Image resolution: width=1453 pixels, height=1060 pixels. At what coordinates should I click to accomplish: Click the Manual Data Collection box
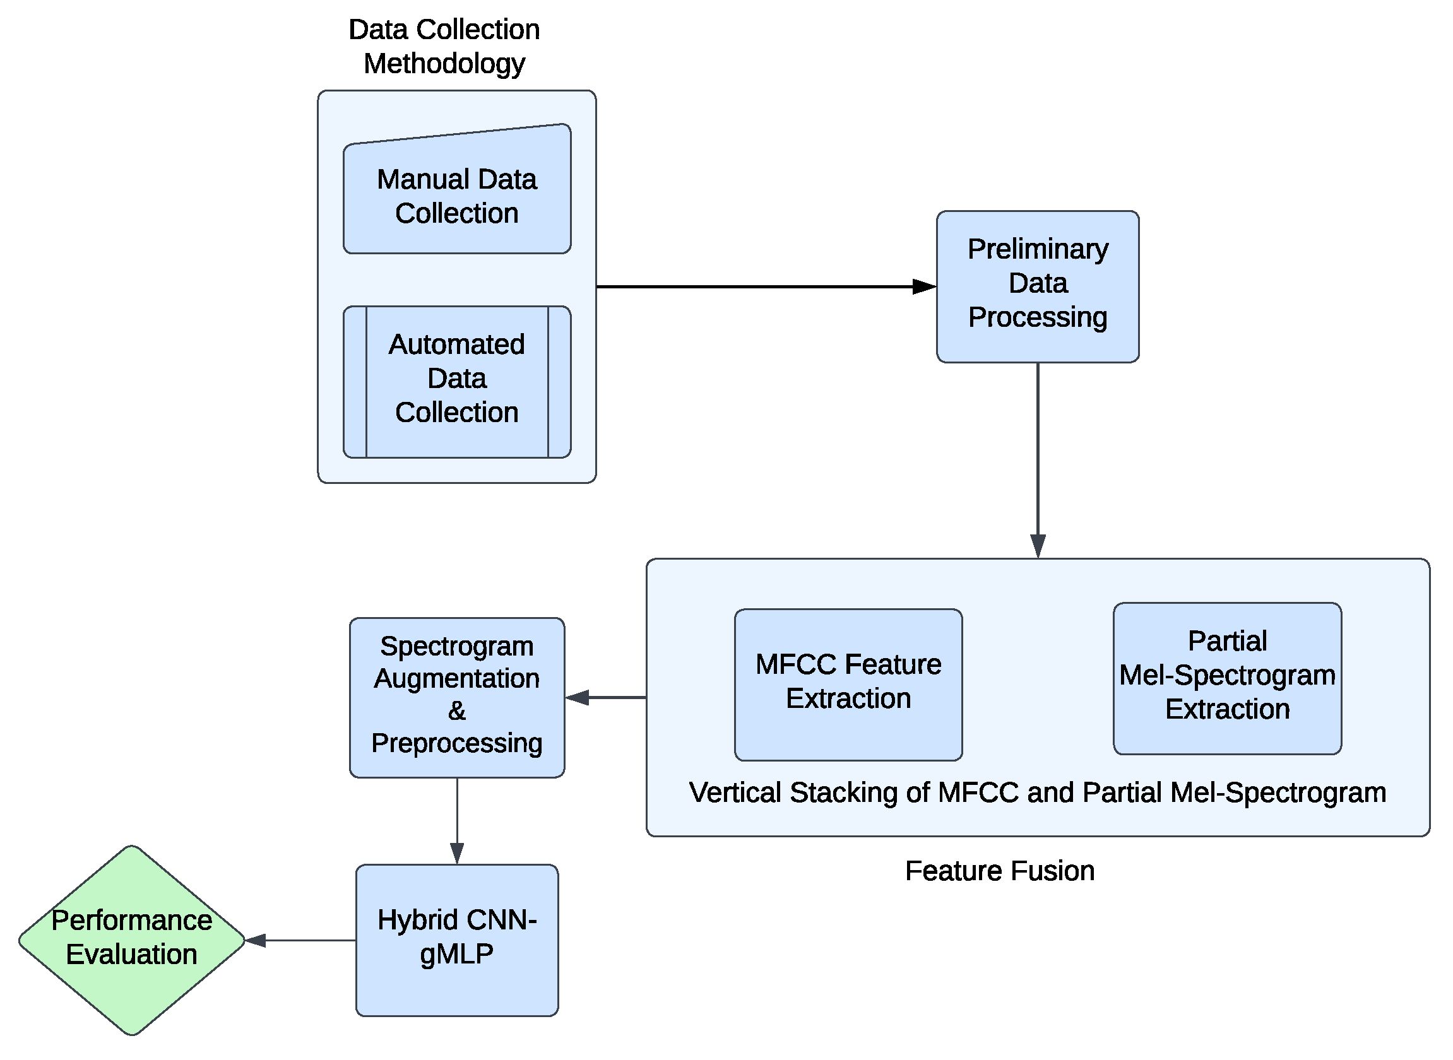tap(457, 196)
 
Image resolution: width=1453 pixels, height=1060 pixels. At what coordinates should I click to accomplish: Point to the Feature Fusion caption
tap(999, 871)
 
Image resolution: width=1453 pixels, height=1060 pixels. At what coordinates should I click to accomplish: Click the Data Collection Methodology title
tap(444, 46)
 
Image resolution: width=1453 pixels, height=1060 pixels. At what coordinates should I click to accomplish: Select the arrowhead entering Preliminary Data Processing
tap(924, 287)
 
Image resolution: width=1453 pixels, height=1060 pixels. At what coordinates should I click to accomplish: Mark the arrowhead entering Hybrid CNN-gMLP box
tap(457, 854)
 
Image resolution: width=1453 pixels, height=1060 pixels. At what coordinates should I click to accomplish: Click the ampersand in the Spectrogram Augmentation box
tap(457, 711)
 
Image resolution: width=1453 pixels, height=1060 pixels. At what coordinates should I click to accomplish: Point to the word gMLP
tap(457, 955)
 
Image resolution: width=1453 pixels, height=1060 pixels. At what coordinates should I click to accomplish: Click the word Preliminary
tap(1038, 250)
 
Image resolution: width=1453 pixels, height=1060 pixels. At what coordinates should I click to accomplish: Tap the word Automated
tap(457, 345)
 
